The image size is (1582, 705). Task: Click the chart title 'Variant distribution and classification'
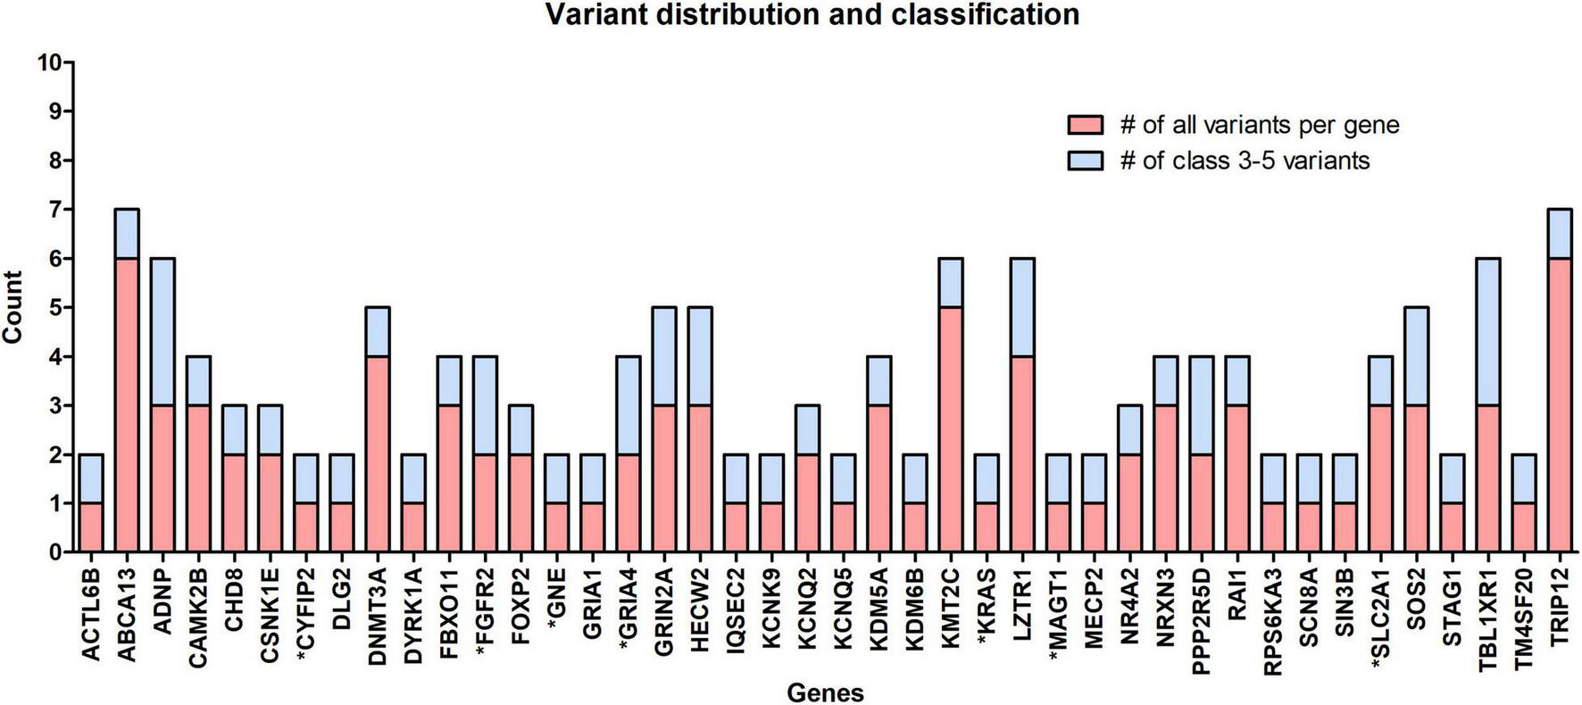[812, 15]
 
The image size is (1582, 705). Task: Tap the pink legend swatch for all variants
[1085, 125]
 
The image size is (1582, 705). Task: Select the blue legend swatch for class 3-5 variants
[1085, 161]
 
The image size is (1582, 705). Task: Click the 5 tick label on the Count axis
[54, 308]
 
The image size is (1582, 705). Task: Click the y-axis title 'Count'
[12, 308]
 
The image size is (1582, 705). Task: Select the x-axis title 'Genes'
[824, 693]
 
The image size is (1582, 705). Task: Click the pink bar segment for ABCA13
[127, 406]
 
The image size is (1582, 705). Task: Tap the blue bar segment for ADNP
[162, 332]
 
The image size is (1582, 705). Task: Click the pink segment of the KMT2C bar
[951, 430]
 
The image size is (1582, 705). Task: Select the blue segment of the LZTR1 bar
[1022, 308]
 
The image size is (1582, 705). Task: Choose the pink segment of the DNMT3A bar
[378, 455]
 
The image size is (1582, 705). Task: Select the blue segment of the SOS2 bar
[1416, 357]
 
